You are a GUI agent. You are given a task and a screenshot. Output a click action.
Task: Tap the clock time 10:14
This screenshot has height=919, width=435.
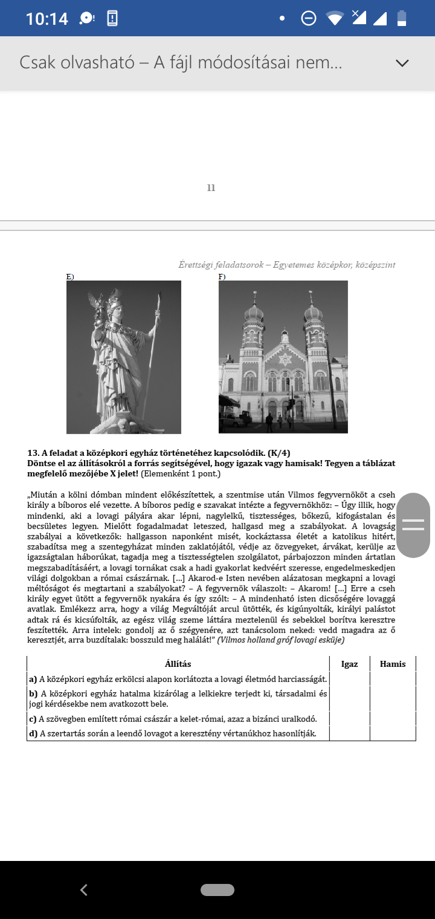[x=47, y=19]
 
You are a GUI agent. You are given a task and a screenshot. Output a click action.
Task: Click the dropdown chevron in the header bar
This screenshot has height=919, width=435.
[x=402, y=63]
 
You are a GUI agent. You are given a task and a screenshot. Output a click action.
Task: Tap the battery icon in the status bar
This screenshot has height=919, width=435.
[x=402, y=18]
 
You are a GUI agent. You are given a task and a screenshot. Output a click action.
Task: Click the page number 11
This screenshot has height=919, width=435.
[x=211, y=188]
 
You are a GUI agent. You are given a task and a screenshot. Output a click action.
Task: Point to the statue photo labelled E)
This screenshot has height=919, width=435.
[x=124, y=357]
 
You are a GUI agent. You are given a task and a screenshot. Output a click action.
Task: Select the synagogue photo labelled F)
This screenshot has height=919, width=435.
[x=283, y=357]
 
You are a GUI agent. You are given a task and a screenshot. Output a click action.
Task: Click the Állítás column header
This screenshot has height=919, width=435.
[x=178, y=664]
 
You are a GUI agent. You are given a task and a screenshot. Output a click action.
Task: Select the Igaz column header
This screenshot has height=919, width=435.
[x=349, y=664]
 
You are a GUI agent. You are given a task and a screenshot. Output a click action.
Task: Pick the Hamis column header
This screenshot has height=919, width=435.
[x=393, y=664]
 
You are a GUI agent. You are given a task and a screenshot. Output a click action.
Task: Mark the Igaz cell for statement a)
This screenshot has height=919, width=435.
[x=349, y=679]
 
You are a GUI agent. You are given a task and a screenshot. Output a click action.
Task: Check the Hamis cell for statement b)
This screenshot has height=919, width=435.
[x=393, y=698]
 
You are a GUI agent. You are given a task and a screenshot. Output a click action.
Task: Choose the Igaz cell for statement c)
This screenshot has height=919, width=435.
[x=349, y=719]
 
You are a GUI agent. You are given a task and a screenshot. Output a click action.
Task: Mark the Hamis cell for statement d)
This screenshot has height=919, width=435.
[x=393, y=733]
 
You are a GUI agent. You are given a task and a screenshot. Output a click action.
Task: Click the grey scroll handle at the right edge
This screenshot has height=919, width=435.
[x=413, y=525]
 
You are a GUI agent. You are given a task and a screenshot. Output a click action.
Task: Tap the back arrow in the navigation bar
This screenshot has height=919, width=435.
[x=84, y=889]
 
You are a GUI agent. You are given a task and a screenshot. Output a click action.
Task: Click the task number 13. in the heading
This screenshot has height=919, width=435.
[x=33, y=453]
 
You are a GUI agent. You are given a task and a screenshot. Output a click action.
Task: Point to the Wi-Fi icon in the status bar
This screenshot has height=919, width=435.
[x=335, y=18]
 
